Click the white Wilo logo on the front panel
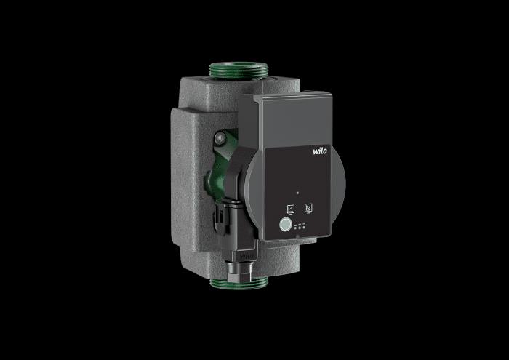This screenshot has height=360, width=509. (x=320, y=151)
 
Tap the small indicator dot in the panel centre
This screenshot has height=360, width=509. (x=297, y=193)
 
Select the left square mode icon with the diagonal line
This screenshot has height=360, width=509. (x=291, y=209)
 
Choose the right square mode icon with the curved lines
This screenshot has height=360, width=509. (x=308, y=208)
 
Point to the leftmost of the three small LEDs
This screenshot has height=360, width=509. (x=295, y=228)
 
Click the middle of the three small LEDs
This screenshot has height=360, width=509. (x=300, y=228)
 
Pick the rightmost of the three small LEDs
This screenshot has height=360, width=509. (x=303, y=227)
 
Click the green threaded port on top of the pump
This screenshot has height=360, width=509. (x=239, y=70)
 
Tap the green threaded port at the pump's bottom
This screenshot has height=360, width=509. (x=239, y=282)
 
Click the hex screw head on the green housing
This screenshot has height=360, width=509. (x=220, y=138)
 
